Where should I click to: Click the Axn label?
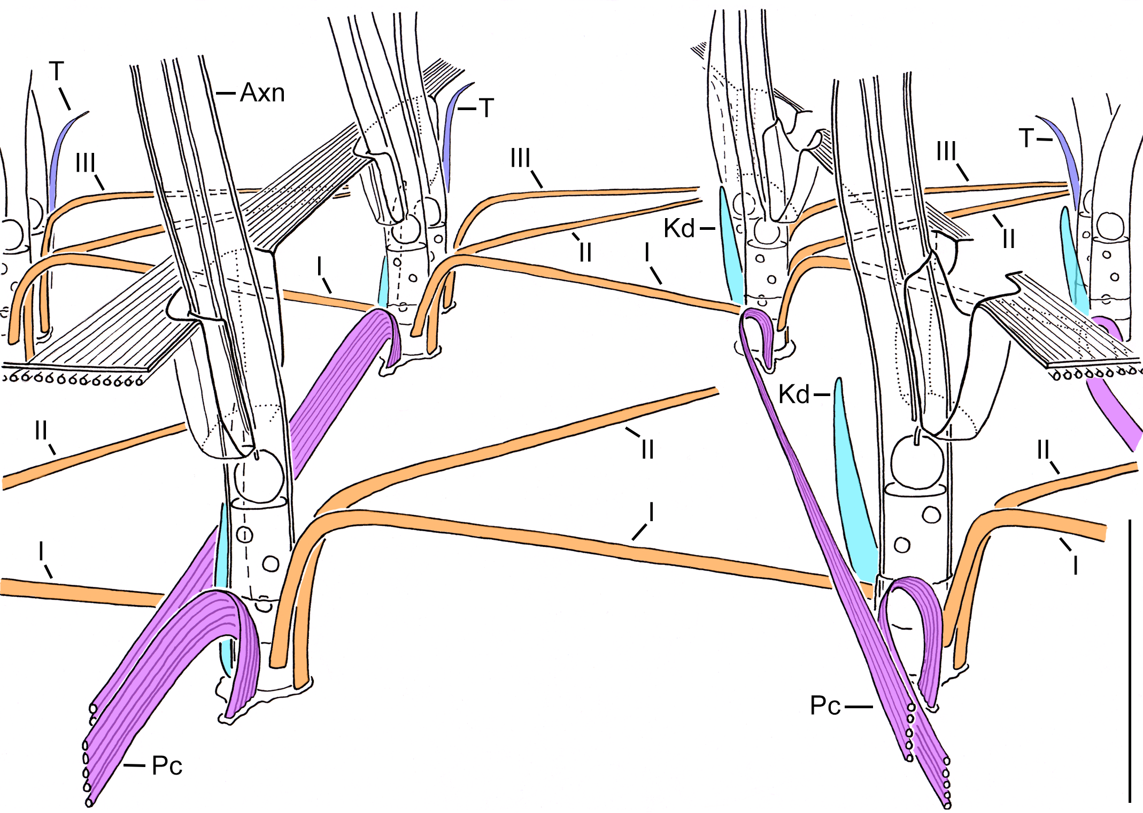(262, 93)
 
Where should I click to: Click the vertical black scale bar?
(1130, 660)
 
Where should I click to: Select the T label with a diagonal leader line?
(57, 72)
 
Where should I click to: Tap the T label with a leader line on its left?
(485, 109)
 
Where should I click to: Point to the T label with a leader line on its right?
(1026, 138)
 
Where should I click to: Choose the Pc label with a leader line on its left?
(167, 766)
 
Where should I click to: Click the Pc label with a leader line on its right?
(825, 706)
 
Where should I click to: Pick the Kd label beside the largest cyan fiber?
(794, 394)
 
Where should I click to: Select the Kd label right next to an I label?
(679, 228)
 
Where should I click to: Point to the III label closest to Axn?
(85, 162)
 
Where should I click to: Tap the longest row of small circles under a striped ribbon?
(72, 380)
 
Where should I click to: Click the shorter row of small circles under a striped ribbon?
(1096, 373)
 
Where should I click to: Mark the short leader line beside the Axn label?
(226, 94)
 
